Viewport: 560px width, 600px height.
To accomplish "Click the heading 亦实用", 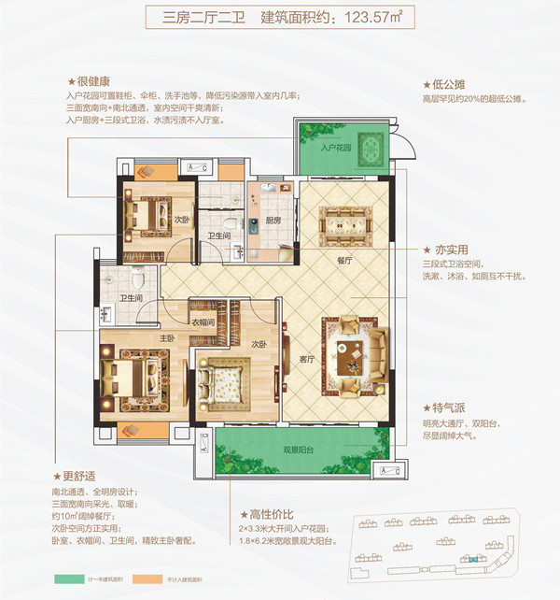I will coord(444,250).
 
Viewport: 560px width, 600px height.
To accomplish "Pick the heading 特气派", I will coord(444,408).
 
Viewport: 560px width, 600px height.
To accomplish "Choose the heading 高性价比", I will coord(273,513).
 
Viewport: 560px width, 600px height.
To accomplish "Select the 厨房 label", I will coord(273,221).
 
